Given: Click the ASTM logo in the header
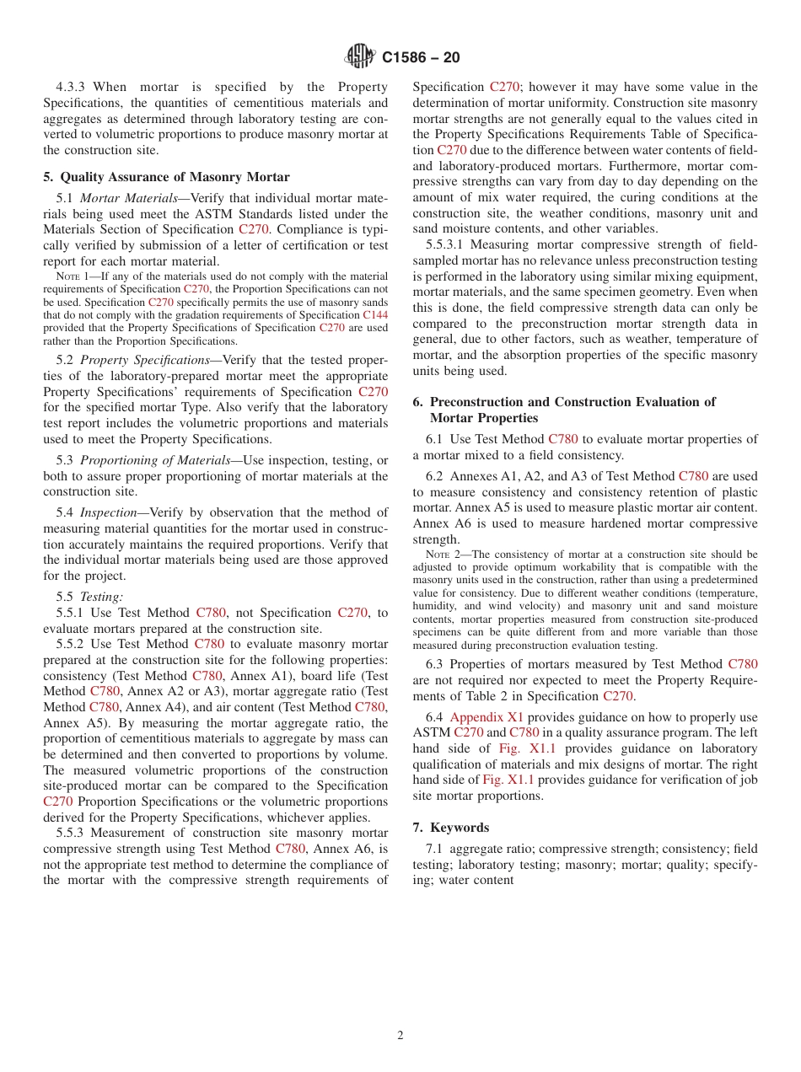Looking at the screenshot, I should pyautogui.click(x=360, y=56).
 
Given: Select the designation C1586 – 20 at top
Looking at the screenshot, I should pyautogui.click(x=421, y=58).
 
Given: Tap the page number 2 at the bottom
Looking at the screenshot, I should pyautogui.click(x=400, y=1036).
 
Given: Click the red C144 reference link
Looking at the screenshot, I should pyautogui.click(x=375, y=315).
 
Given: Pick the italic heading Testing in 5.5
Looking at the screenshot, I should pyautogui.click(x=101, y=597).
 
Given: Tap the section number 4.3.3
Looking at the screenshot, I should pyautogui.click(x=72, y=87).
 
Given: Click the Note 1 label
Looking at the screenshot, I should pyautogui.click(x=72, y=276).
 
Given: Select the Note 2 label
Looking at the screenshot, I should pyautogui.click(x=441, y=555).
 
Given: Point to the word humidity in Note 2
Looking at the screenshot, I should pyautogui.click(x=438, y=606).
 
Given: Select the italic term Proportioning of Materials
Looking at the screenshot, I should pyautogui.click(x=155, y=460).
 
